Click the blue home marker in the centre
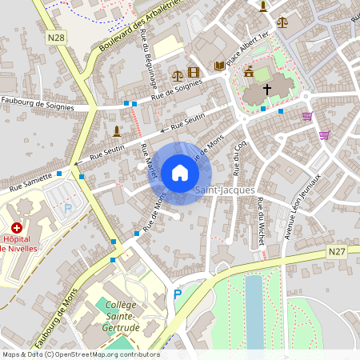[179, 173]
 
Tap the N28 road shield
[56, 38]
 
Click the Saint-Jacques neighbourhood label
[225, 190]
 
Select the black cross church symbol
[266, 90]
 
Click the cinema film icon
[192, 73]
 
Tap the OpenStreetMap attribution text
[81, 354]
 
